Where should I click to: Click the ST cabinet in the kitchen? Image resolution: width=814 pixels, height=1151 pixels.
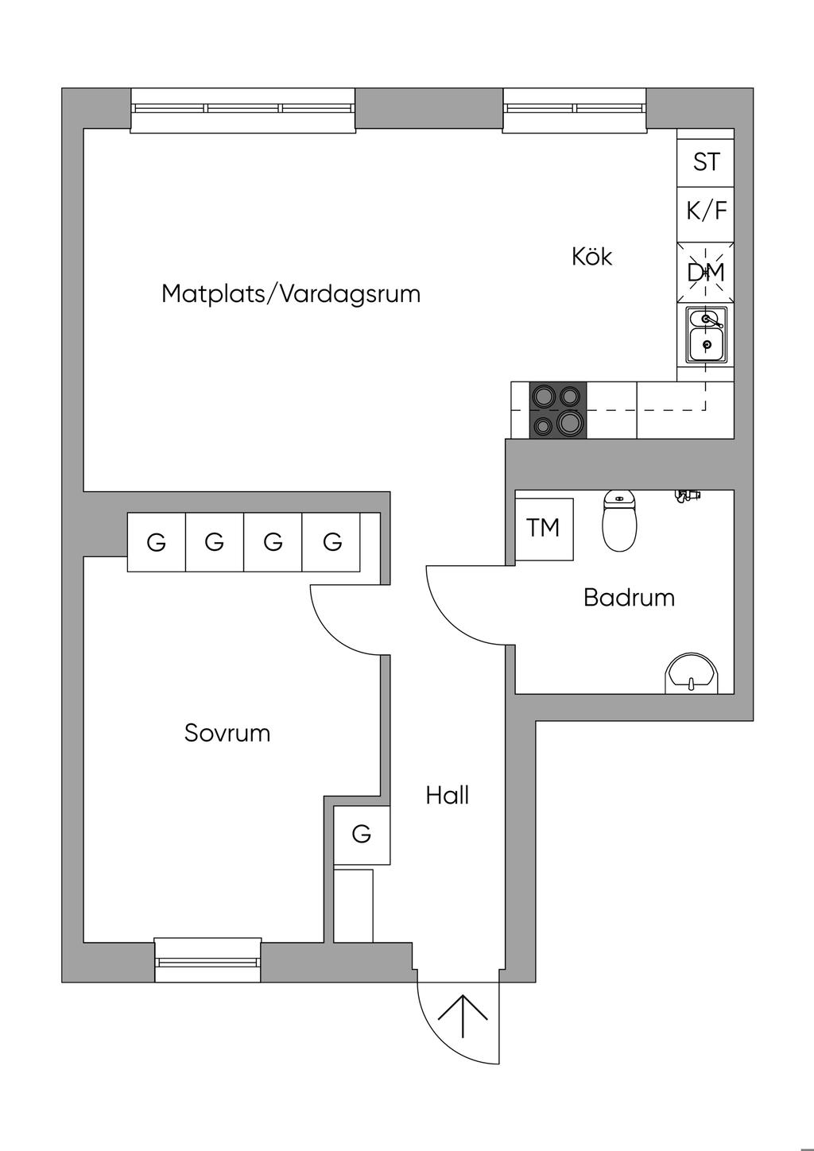click(706, 163)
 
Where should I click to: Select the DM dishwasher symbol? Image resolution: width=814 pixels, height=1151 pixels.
click(706, 273)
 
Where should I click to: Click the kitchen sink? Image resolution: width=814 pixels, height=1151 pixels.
click(706, 335)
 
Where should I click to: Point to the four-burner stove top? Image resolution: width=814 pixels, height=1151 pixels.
click(558, 410)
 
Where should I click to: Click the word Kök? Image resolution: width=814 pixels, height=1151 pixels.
click(592, 257)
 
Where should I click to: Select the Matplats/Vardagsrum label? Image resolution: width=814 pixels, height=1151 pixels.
click(291, 294)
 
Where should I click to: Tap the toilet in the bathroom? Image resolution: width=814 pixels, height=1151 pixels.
click(620, 521)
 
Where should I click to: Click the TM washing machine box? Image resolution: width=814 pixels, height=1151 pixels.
click(545, 529)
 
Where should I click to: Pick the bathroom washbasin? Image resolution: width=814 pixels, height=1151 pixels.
click(692, 673)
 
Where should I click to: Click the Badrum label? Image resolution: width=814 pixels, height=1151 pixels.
click(629, 598)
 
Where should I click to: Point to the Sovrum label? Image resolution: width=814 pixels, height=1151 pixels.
click(227, 733)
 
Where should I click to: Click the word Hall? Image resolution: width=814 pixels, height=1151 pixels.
click(447, 796)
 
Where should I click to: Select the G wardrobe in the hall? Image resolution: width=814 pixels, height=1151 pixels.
click(362, 835)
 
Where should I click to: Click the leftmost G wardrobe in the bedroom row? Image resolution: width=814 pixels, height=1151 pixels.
click(157, 541)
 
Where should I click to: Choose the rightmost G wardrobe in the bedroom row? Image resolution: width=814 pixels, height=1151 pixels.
click(332, 541)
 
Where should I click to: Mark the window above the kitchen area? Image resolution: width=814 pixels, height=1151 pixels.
click(575, 110)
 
